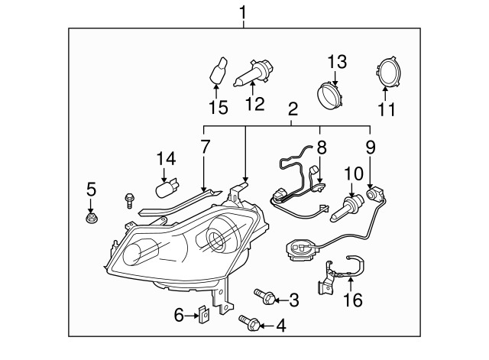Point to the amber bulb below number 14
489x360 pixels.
tap(165, 188)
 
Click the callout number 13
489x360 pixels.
tap(338, 61)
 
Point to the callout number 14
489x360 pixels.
tap(166, 160)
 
